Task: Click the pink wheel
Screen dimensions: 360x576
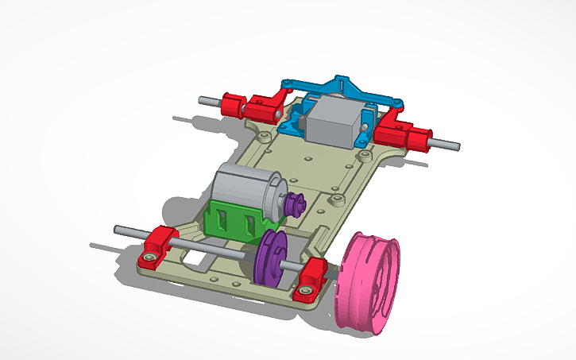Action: tap(370, 281)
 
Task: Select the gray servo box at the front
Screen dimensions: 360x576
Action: tap(334, 120)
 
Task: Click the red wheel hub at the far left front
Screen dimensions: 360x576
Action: tap(232, 104)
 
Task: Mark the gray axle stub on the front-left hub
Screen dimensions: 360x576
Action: tap(209, 101)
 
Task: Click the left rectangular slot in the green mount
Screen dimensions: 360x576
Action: tap(223, 219)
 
